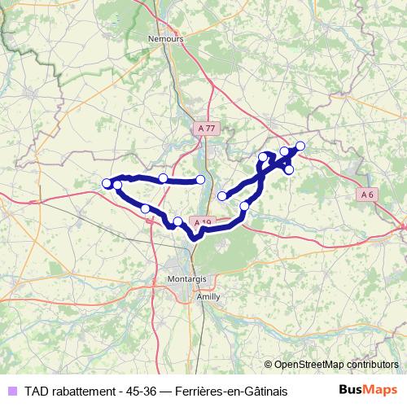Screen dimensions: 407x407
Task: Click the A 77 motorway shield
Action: [208, 129]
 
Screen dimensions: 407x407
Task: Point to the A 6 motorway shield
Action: [368, 194]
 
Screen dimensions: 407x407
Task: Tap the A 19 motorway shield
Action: [201, 222]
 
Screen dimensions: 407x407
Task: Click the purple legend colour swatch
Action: [11, 392]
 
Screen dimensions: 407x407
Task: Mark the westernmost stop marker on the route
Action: [107, 183]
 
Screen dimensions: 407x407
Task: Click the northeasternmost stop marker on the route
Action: [300, 146]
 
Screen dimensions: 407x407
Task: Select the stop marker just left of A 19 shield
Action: [178, 221]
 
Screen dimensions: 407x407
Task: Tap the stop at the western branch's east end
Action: [201, 179]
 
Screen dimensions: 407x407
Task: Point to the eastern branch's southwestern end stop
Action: [222, 195]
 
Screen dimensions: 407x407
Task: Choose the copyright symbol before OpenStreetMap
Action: [268, 365]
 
